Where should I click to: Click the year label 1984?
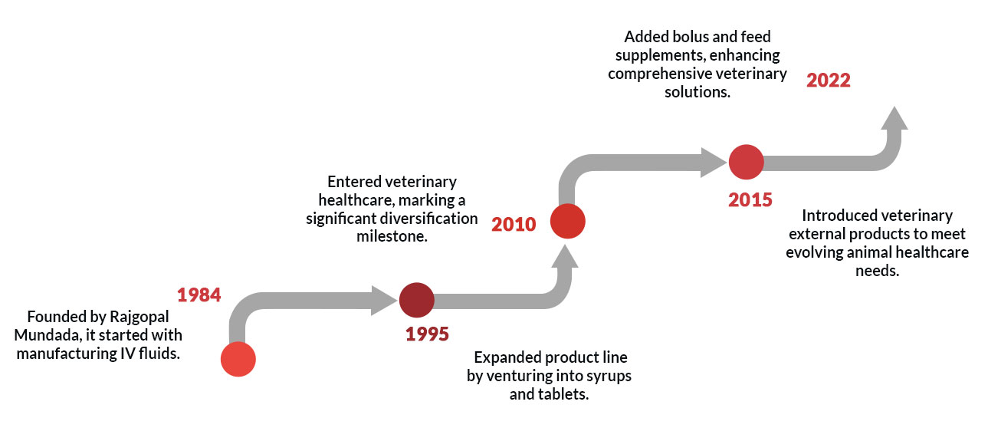tap(199, 295)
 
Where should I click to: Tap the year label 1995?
tap(427, 334)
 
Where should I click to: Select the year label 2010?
tap(514, 224)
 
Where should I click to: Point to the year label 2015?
tap(750, 200)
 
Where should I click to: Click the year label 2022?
tap(829, 81)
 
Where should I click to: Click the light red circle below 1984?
tap(238, 359)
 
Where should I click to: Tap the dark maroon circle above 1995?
tap(417, 300)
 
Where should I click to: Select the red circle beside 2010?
tap(568, 221)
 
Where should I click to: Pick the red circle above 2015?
tap(747, 162)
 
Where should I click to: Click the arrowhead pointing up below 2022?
tap(894, 118)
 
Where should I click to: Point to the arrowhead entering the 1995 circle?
tap(384, 301)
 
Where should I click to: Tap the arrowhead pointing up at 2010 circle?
tap(565, 256)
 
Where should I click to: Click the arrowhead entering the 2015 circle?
tap(714, 163)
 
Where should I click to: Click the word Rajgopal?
tap(139, 317)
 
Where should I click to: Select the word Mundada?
tap(48, 335)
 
